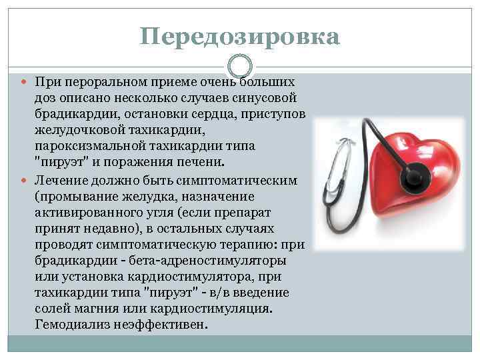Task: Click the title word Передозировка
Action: (x=240, y=36)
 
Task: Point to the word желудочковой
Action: (x=79, y=129)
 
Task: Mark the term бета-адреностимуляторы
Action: (x=210, y=261)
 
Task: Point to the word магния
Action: (x=105, y=309)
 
